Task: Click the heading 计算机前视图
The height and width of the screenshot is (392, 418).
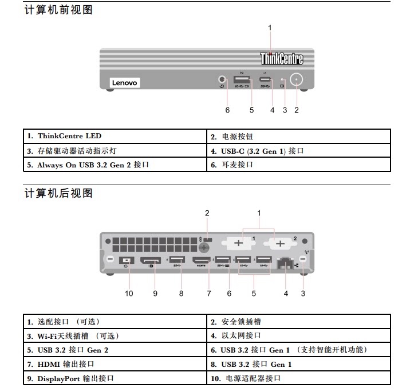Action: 58,10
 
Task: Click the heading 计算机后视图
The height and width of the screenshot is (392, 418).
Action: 58,193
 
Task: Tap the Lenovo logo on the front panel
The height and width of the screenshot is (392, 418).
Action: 124,83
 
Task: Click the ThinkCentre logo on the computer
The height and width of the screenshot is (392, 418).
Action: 282,58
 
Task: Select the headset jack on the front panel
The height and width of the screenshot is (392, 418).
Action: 222,80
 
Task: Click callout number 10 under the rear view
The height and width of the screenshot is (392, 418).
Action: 129,294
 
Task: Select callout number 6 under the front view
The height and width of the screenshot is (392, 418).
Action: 227,110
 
